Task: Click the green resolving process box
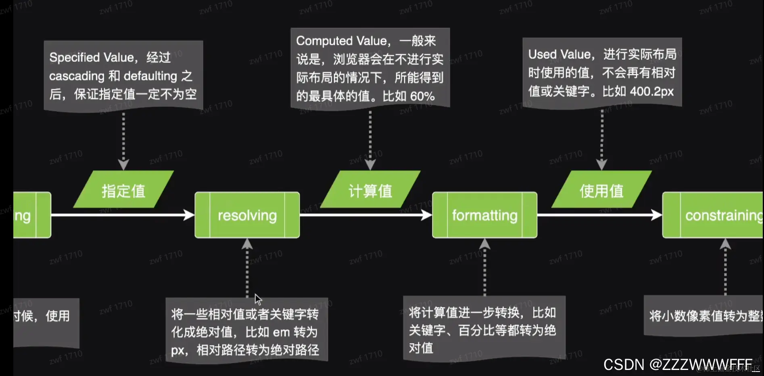pos(247,215)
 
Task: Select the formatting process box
pos(484,215)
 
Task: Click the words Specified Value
pos(92,58)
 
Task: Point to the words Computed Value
pos(341,41)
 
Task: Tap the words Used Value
pos(559,54)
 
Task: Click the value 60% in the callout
pos(422,96)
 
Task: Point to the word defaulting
pos(150,76)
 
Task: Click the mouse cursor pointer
pos(258,299)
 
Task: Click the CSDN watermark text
pos(678,364)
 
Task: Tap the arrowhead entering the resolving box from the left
pos(190,215)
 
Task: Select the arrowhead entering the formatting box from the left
pos(427,215)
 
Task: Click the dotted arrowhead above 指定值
pos(123,164)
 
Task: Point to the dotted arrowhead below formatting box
pos(484,244)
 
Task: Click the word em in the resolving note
pos(281,332)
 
